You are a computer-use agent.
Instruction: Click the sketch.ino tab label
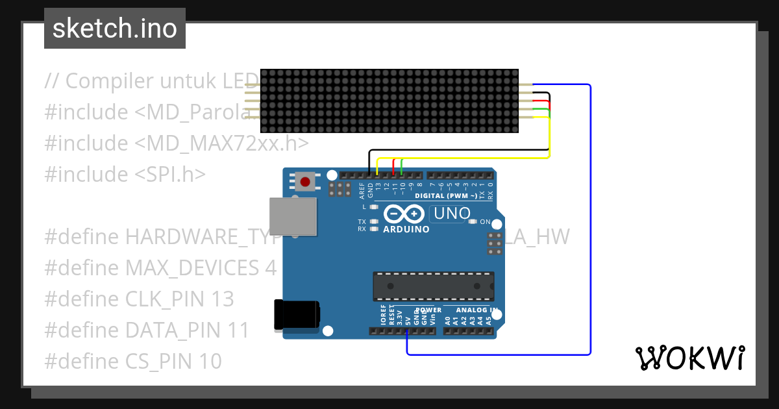pos(115,29)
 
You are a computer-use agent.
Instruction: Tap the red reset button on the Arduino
pos(305,181)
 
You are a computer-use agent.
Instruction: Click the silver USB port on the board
pos(293,216)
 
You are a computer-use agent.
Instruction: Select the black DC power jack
pos(296,314)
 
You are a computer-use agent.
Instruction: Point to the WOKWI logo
pos(689,358)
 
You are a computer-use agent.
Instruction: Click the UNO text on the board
pos(451,214)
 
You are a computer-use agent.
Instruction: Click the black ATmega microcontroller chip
pos(433,286)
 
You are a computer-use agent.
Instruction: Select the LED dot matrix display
pos(389,101)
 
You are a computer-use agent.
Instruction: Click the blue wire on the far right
pos(590,221)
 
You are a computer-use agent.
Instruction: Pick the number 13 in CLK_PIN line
pos(223,299)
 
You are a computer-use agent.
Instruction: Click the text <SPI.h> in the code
pos(171,174)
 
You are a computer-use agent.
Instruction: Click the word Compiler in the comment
pos(110,81)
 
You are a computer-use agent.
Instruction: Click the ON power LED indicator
pos(473,222)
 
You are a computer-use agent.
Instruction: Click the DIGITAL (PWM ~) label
pos(447,195)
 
